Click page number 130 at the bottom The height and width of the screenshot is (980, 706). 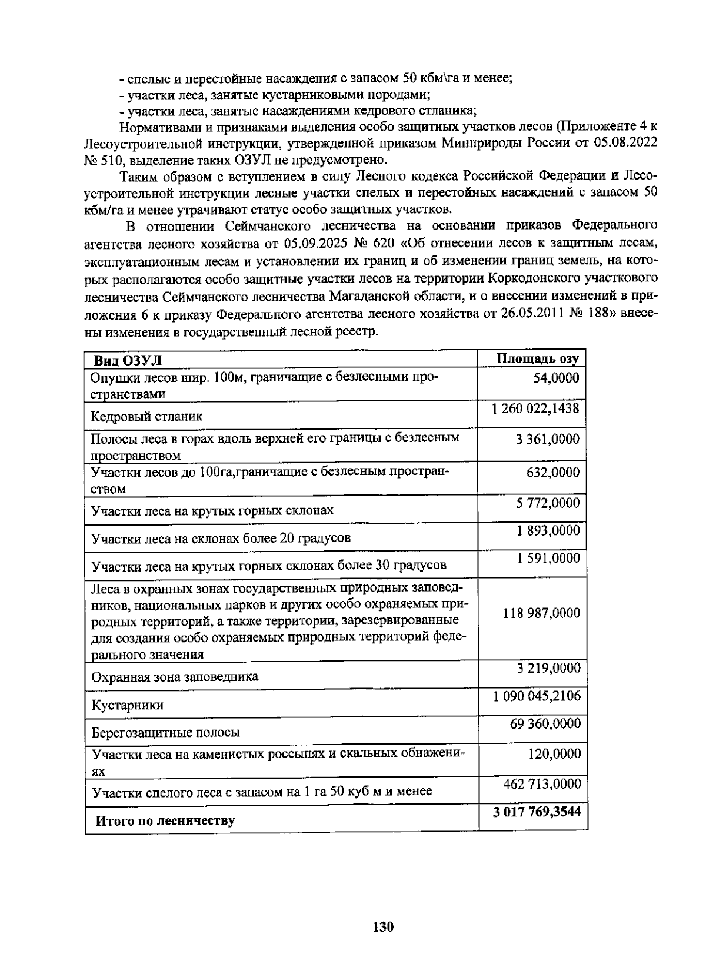tap(383, 927)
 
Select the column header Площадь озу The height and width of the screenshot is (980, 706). tap(538, 359)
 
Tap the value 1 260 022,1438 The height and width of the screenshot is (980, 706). tap(536, 407)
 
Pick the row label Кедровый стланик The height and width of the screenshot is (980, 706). tap(146, 417)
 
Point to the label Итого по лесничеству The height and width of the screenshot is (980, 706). tap(165, 820)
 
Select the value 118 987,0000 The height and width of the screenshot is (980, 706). tap(541, 613)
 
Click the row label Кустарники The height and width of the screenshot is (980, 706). tap(127, 705)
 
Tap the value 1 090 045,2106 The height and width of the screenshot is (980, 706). tap(537, 696)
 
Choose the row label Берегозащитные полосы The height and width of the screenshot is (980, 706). tap(165, 733)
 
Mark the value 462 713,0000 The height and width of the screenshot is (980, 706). tap(542, 783)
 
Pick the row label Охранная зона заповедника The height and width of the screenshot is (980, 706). tap(175, 677)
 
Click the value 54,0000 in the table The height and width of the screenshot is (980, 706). tap(555, 378)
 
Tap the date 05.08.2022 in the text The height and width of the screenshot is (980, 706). tap(628, 142)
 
